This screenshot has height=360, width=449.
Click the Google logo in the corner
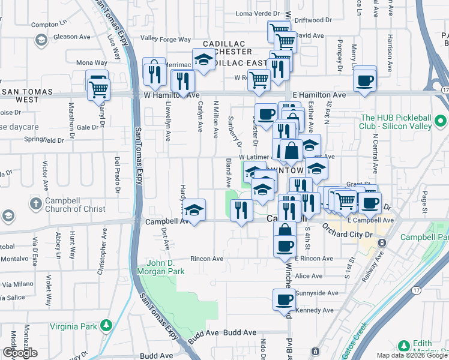pos(20,353)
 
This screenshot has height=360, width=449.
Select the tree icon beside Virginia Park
pos(106,325)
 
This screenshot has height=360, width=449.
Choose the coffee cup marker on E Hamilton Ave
pos(364,80)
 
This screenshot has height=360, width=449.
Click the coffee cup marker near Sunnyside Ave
pos(284,300)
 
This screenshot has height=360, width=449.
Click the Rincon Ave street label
pos(206,259)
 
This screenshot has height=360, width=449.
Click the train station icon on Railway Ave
pos(382,244)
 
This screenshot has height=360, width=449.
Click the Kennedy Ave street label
pos(310,310)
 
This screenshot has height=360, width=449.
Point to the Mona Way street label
pos(91,62)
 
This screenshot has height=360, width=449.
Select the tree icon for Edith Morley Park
pos(403,346)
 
